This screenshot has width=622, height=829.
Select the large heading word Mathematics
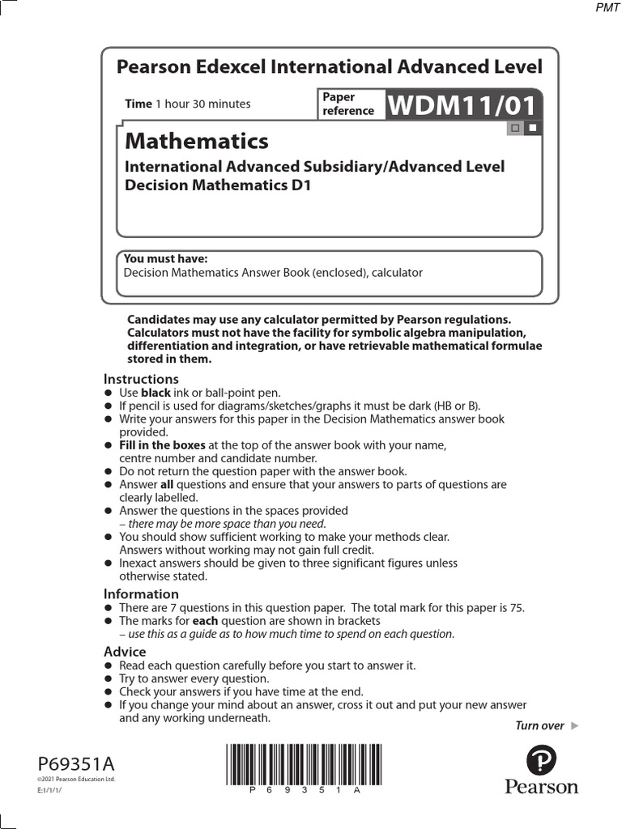click(196, 141)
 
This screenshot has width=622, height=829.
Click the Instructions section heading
click(141, 379)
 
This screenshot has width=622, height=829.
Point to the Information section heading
click(141, 593)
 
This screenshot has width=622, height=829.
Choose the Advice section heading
click(125, 652)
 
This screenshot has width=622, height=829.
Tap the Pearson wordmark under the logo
click(541, 787)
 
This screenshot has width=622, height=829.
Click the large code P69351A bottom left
click(76, 763)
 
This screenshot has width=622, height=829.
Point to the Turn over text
click(539, 725)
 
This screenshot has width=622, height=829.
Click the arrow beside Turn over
click(575, 725)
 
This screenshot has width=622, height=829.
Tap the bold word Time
click(138, 104)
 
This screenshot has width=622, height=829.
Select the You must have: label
click(165, 259)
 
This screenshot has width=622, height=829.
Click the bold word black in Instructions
click(155, 393)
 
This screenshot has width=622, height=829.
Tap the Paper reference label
click(348, 104)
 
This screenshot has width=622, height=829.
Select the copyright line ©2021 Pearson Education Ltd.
click(76, 779)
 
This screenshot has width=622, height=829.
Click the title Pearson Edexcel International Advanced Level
click(330, 67)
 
